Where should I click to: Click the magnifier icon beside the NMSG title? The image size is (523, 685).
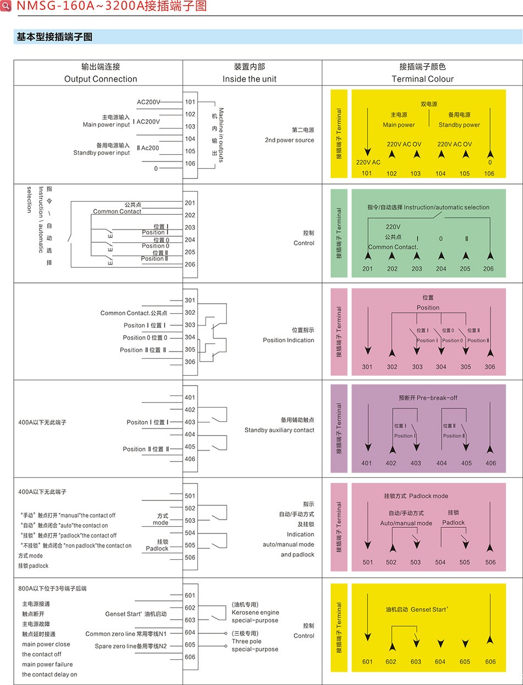[x=5, y=5]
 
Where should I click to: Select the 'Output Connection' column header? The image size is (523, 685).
[x=101, y=79]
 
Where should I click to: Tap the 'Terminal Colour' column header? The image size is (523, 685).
[x=422, y=79]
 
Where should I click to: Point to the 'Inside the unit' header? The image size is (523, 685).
[x=249, y=79]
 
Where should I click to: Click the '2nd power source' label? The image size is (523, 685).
[x=290, y=140]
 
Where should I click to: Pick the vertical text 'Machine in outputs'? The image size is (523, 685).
[x=221, y=135]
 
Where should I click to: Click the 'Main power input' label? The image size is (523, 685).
[x=106, y=125]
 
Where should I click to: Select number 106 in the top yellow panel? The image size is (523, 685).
[x=489, y=174]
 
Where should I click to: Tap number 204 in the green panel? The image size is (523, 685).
[x=441, y=269]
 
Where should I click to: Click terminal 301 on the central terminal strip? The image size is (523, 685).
[x=190, y=300]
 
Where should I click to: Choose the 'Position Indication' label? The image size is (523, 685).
[x=288, y=340]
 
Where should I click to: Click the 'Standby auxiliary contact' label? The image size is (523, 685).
[x=279, y=430]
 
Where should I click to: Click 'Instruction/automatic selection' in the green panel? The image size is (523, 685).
[x=447, y=207]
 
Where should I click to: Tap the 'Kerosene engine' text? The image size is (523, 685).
[x=255, y=612]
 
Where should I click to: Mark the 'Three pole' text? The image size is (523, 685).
[x=247, y=641]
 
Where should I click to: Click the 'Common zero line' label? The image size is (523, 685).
[x=110, y=634]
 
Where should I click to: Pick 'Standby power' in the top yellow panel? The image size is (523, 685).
[x=459, y=125]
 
